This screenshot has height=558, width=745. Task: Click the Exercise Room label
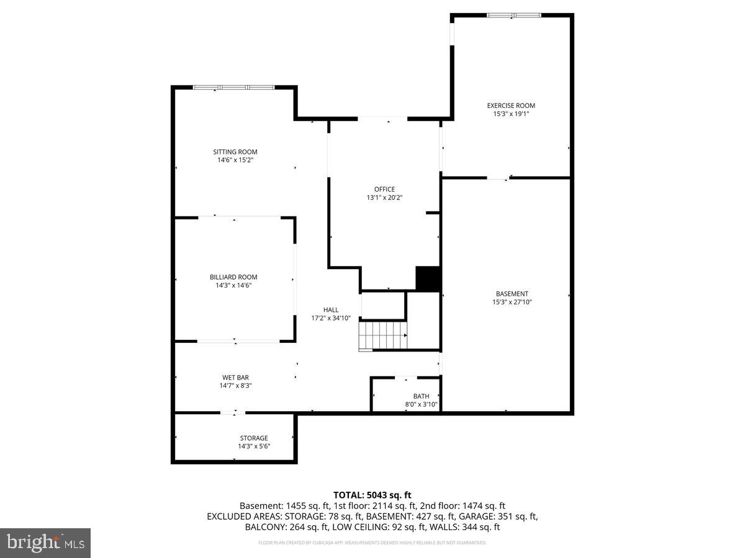pos(510,105)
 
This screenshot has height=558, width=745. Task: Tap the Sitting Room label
pos(235,152)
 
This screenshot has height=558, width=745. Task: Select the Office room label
pos(384,189)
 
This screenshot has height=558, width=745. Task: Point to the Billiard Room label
pos(233,277)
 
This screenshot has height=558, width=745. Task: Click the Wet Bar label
pos(235,377)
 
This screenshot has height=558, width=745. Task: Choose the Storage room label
pos(254,438)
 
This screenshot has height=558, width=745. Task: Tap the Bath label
pos(421,396)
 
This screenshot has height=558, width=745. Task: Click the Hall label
pos(331,309)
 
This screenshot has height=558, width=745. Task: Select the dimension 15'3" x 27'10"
pos(512,302)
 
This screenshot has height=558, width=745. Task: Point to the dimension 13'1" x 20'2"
pos(384,198)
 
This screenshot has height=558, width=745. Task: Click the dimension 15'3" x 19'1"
pos(510,114)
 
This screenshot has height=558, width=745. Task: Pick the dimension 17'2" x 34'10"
pos(331,318)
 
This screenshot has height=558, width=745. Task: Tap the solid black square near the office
pos(427,278)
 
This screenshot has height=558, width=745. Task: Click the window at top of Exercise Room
pos(513,15)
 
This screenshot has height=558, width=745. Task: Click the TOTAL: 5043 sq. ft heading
pos(372,495)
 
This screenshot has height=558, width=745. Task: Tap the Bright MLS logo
pos(45,543)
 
